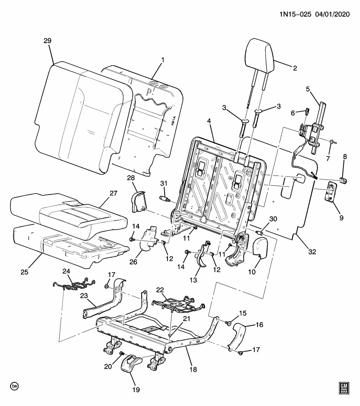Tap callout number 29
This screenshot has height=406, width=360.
[x=47, y=41]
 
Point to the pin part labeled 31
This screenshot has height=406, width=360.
[x=164, y=198]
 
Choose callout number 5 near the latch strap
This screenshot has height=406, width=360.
[x=308, y=89]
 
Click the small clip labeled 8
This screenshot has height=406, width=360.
[x=344, y=181]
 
